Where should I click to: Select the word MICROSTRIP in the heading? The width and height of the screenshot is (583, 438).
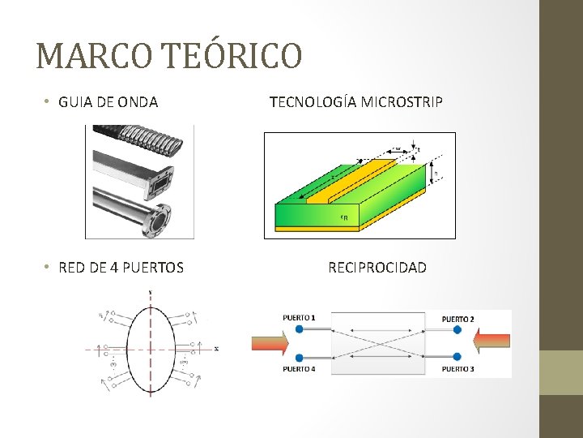(402, 102)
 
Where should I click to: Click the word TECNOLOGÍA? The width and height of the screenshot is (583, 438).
(313, 102)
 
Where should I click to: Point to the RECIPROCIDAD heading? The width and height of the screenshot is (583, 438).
(377, 268)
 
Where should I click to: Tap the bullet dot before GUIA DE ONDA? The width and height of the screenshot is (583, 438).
(49, 102)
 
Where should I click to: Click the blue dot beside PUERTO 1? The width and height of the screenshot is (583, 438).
(300, 330)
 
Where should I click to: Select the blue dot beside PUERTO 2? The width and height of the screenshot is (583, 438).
(457, 330)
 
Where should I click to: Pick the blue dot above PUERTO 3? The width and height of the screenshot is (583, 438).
(457, 357)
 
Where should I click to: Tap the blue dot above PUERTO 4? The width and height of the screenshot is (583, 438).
(300, 357)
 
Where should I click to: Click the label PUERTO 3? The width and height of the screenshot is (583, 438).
(457, 370)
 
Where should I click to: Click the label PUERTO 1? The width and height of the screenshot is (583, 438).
(299, 317)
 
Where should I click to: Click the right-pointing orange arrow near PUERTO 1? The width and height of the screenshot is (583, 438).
(270, 343)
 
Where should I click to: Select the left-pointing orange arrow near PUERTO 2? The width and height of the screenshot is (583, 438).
(492, 343)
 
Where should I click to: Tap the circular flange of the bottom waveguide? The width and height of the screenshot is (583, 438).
(162, 218)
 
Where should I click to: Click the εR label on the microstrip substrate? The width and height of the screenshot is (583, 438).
(344, 217)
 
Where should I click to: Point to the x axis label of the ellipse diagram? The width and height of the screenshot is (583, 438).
(216, 350)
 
